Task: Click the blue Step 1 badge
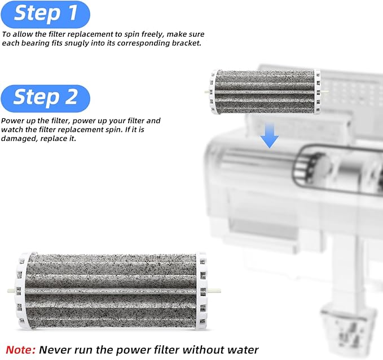(46, 14)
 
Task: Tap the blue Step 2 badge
(46, 98)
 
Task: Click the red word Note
(20, 350)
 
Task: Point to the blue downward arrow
(270, 135)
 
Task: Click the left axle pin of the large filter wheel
(11, 291)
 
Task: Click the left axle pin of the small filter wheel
(207, 92)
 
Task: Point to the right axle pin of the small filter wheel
(324, 92)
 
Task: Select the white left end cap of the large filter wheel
(21, 291)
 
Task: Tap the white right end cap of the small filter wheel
(317, 92)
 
